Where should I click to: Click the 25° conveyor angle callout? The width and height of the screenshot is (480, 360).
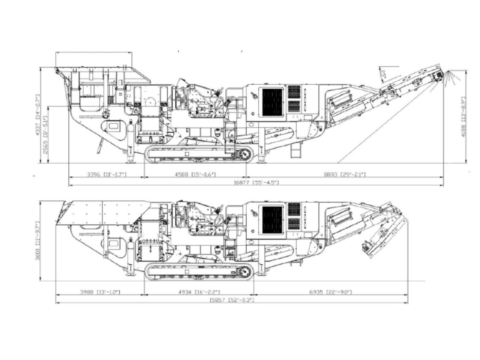[x=383, y=73]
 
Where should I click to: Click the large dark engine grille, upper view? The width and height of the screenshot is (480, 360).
[x=272, y=102]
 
